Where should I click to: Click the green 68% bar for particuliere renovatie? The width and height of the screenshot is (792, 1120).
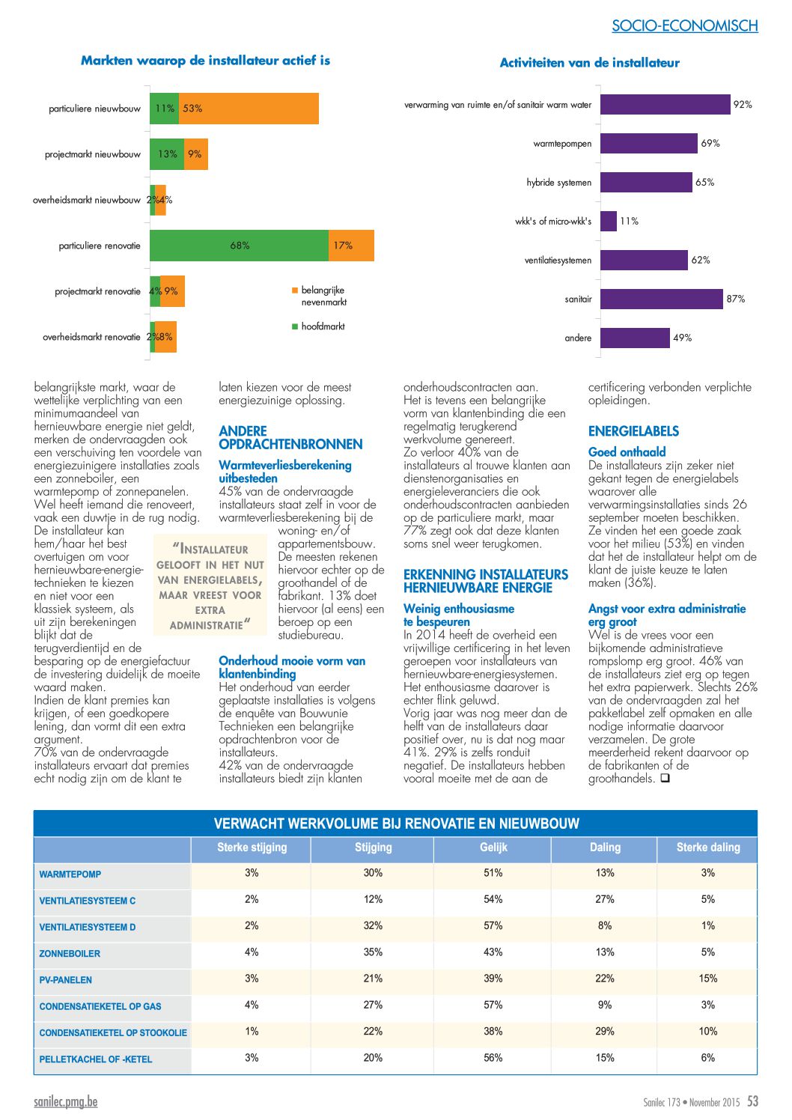[239, 246]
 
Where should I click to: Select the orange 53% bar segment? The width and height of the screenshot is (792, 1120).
[249, 109]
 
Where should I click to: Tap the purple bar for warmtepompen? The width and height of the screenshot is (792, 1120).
[648, 144]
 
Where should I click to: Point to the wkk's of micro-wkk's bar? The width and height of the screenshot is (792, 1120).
[609, 221]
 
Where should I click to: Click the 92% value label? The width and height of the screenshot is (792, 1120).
[743, 105]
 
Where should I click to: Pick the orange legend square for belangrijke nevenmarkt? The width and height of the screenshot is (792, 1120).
[294, 290]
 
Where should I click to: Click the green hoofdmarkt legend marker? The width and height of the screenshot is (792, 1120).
[294, 326]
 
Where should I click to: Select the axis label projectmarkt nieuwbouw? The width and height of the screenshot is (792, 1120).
[93, 154]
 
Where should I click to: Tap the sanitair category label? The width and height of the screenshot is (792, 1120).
[578, 299]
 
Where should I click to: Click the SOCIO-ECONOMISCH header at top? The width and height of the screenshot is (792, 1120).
[685, 25]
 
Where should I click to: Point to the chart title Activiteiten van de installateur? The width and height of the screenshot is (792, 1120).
[589, 62]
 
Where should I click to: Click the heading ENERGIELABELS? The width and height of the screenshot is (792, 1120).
[633, 431]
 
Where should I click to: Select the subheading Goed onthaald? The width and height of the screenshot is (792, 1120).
[627, 452]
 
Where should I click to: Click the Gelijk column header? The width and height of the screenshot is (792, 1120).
[493, 847]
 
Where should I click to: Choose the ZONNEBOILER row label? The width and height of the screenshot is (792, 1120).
[70, 954]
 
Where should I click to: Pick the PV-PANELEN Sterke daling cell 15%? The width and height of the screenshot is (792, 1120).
[708, 979]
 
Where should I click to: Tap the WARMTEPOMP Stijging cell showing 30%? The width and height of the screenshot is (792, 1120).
[373, 872]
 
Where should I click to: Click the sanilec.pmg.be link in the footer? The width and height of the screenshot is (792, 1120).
[65, 1101]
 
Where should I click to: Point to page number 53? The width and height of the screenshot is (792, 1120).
[752, 1101]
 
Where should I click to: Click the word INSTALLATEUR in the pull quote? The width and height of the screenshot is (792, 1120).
[213, 550]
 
